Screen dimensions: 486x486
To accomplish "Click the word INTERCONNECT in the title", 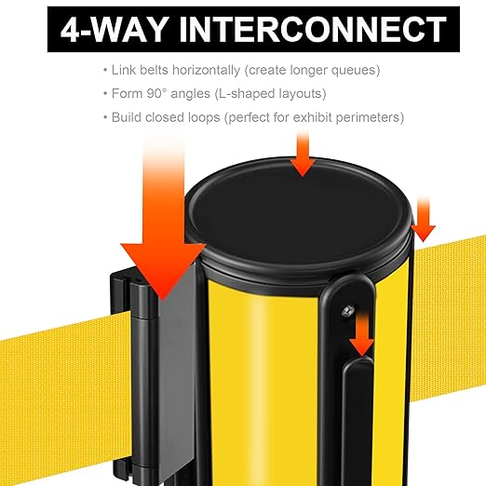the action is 313,29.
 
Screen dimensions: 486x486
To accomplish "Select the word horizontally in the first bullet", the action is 207,70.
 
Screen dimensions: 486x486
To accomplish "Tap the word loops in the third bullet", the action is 204,117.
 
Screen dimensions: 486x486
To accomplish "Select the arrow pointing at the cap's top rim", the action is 303,154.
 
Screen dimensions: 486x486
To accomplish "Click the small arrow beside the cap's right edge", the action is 424,219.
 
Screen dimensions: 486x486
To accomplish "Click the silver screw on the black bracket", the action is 348,311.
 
